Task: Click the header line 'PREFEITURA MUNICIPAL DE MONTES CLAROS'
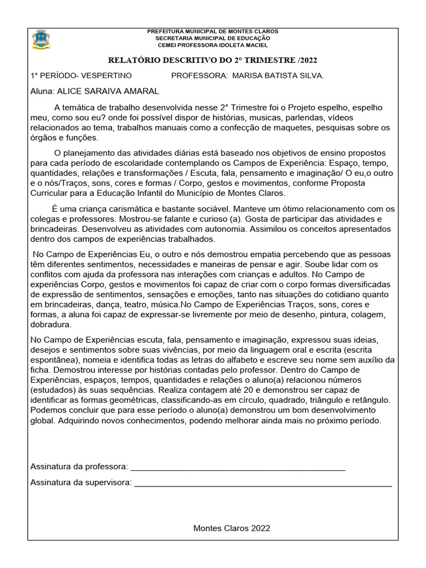point(212,32)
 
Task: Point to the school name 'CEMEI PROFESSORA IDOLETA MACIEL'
point(212,45)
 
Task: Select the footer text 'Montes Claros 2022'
point(232,528)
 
